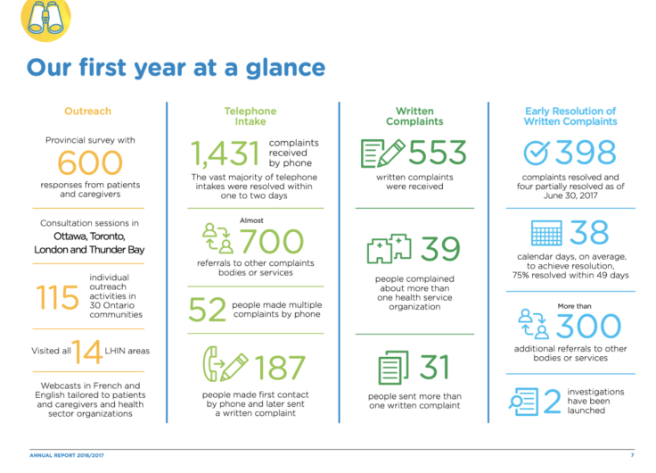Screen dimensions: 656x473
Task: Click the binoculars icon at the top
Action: point(45,19)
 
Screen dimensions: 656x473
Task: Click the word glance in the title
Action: point(285,69)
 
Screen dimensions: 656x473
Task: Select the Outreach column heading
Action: point(88,111)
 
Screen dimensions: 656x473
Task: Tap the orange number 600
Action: point(90,162)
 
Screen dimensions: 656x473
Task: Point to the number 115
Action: point(58,297)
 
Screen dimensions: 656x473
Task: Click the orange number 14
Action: point(87,352)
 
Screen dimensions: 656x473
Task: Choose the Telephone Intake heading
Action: point(250,116)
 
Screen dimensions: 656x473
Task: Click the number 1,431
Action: point(225,154)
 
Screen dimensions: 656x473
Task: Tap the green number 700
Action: point(272,241)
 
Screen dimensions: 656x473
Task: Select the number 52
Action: point(207,310)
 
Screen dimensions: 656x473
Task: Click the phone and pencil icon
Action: point(225,363)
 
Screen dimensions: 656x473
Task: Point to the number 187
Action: point(280,368)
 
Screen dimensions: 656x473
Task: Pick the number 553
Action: point(438,152)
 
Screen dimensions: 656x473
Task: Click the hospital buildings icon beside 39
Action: point(389,249)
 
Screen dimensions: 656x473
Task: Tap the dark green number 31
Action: point(434,367)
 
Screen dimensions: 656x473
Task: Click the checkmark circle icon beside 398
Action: point(536,152)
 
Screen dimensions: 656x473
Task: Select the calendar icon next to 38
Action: point(546,233)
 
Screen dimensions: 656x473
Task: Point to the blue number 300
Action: point(588,326)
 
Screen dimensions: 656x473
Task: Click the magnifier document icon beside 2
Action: point(523,402)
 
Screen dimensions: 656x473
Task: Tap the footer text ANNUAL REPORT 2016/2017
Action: point(67,455)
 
